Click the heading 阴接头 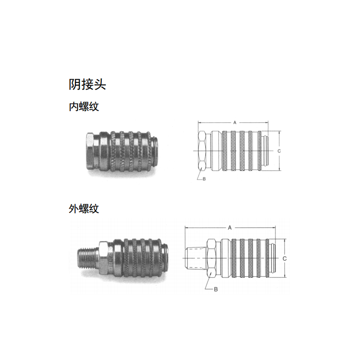87,85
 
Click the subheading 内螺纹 84,107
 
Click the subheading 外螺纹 84,209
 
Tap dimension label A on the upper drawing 234,122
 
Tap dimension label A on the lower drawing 229,228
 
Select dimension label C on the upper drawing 279,151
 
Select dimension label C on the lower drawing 284,258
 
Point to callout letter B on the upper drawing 204,179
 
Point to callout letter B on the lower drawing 216,289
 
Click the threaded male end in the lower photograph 88,258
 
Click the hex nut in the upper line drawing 202,151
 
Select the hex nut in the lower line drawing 211,258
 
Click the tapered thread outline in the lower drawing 196,258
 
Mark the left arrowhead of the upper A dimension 199,123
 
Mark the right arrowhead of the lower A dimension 275,228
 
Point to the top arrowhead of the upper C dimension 279,132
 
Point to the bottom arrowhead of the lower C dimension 285,277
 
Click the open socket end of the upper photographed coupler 155,151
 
